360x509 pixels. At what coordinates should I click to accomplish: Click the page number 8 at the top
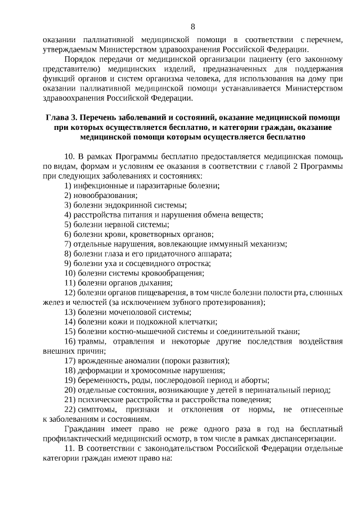pos(193,26)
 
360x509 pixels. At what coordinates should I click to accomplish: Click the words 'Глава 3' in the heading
pos(60,118)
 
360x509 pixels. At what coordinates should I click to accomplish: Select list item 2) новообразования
pos(101,195)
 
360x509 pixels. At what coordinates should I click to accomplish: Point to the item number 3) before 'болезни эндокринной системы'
pos(68,205)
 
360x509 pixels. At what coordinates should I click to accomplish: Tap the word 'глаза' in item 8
pos(114,253)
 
